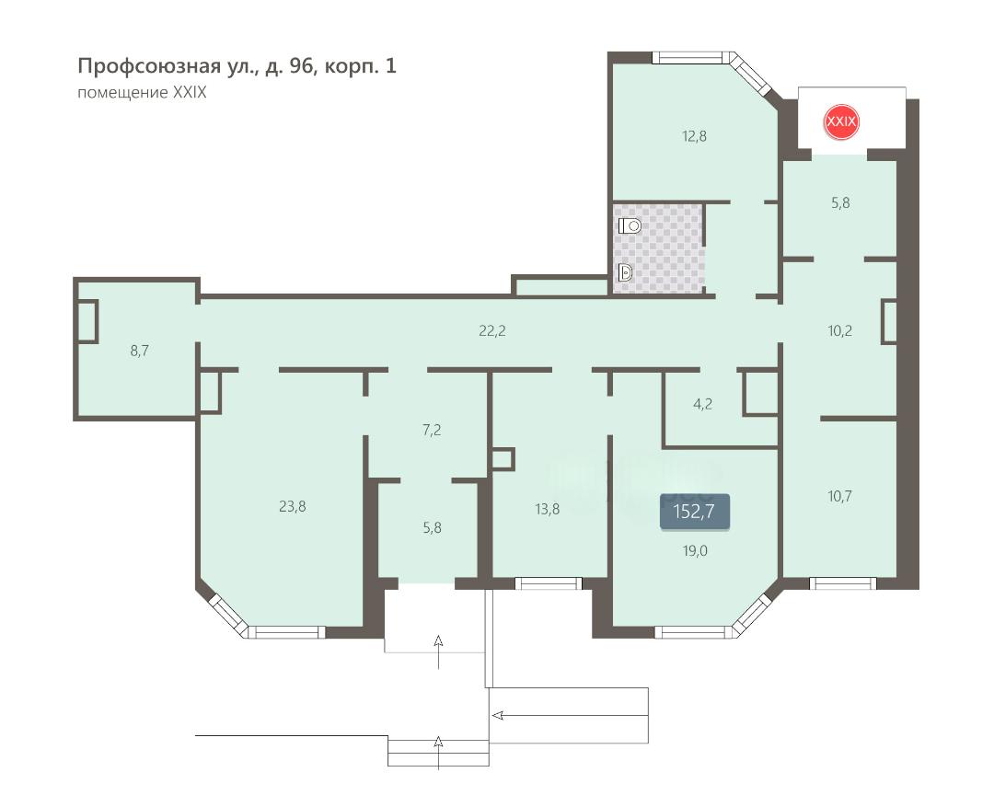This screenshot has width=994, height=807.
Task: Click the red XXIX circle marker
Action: pyautogui.click(x=840, y=121)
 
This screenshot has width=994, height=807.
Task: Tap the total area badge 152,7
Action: pyautogui.click(x=694, y=511)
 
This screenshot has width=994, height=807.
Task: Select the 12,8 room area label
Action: pyautogui.click(x=694, y=136)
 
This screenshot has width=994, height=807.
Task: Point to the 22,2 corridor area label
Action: pyautogui.click(x=491, y=331)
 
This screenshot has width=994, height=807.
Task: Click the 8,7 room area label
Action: pyautogui.click(x=140, y=351)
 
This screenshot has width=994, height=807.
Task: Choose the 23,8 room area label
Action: pyautogui.click(x=293, y=506)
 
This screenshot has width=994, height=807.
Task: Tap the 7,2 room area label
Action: pyautogui.click(x=432, y=431)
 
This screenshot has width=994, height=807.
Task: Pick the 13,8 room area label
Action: pyautogui.click(x=547, y=509)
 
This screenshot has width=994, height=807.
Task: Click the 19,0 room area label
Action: pyautogui.click(x=695, y=551)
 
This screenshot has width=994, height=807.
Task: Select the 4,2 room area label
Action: pyautogui.click(x=702, y=405)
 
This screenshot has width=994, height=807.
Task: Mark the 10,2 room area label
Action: pyautogui.click(x=840, y=331)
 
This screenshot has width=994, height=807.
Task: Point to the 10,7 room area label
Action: pyautogui.click(x=840, y=496)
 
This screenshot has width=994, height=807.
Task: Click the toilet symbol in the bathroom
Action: pyautogui.click(x=630, y=225)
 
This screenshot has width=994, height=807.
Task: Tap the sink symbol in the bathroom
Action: pyautogui.click(x=625, y=273)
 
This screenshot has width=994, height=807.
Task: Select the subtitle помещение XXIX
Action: pyautogui.click(x=142, y=93)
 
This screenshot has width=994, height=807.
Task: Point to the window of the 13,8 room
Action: pyautogui.click(x=549, y=583)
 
